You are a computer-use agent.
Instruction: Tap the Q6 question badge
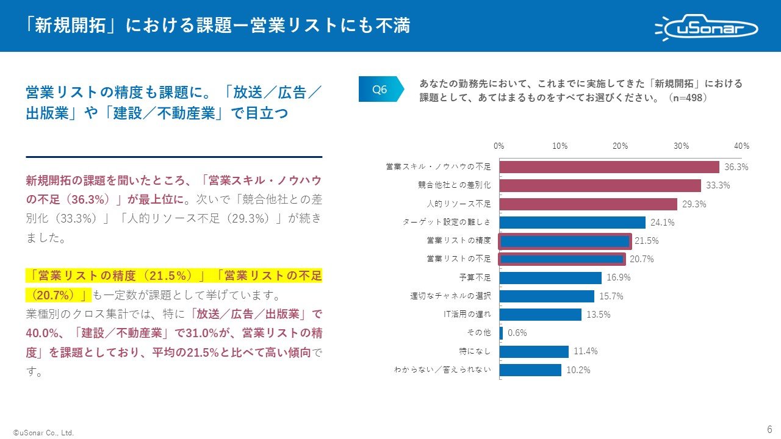click(381, 90)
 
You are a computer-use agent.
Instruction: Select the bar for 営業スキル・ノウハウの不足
click(609, 167)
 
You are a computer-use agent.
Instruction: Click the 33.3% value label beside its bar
click(718, 186)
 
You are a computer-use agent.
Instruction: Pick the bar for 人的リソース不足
click(588, 204)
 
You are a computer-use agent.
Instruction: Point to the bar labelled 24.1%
click(572, 223)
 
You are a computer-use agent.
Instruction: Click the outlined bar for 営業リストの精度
click(564, 241)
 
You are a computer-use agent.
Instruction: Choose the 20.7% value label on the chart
click(641, 259)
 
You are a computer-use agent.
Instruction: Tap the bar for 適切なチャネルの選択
click(547, 296)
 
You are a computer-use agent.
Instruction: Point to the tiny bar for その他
click(501, 333)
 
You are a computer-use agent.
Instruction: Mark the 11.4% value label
click(585, 351)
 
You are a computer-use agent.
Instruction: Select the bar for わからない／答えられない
click(530, 370)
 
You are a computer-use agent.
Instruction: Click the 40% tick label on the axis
click(741, 146)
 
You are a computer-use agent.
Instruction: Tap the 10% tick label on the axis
click(560, 146)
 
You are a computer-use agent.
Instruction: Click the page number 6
click(769, 428)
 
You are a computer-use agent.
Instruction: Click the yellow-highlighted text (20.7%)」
click(58, 295)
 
